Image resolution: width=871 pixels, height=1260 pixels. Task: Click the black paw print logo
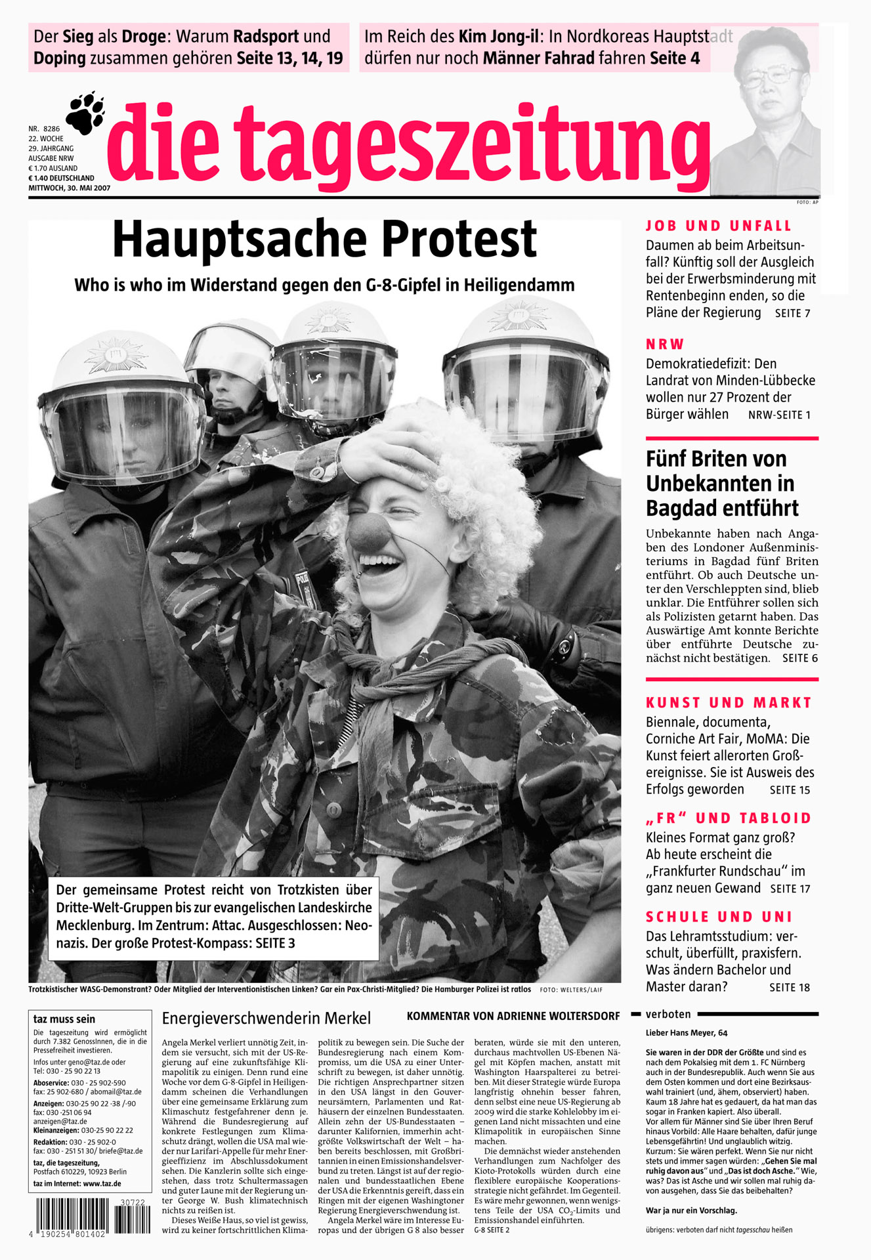click(x=86, y=112)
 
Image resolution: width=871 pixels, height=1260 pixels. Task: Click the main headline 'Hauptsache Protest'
click(x=324, y=239)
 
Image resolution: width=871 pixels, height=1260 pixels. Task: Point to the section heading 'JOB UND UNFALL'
click(x=719, y=226)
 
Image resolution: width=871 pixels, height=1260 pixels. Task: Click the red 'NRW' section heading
click(x=665, y=345)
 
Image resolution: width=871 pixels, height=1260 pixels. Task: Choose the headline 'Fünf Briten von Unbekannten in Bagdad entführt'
click(x=722, y=484)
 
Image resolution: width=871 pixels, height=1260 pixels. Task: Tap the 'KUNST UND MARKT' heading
click(x=729, y=703)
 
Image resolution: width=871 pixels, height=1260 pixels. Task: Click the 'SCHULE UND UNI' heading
click(x=719, y=917)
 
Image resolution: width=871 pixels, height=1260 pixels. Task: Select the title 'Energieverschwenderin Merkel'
click(x=266, y=1018)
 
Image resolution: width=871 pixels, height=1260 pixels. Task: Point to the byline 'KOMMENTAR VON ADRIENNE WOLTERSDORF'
click(x=513, y=1017)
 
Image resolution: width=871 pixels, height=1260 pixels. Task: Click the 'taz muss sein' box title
click(x=64, y=1019)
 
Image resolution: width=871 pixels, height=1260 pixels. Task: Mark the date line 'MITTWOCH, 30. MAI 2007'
click(x=69, y=188)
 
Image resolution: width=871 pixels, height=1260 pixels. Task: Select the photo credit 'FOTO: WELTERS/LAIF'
click(x=570, y=990)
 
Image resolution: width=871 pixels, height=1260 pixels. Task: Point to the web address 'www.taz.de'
click(x=102, y=1184)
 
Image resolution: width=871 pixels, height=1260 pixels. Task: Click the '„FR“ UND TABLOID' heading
click(x=729, y=818)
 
